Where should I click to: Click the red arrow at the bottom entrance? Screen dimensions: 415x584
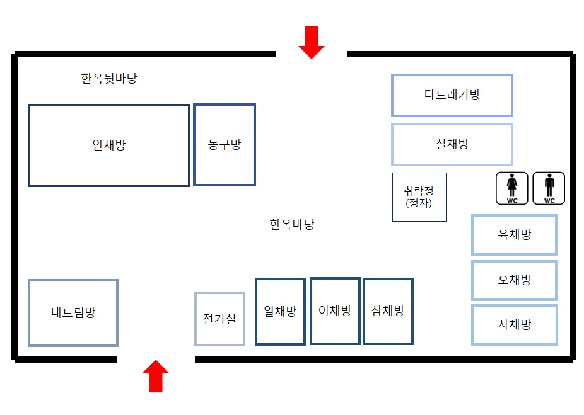pyautogui.click(x=156, y=376)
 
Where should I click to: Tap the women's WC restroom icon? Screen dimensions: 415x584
pyautogui.click(x=511, y=188)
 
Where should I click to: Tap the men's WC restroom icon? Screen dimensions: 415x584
pyautogui.click(x=549, y=188)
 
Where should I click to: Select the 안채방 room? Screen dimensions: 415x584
pyautogui.click(x=108, y=145)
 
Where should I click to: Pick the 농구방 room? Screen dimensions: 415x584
pyautogui.click(x=225, y=145)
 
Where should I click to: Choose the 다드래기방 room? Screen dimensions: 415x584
pyautogui.click(x=452, y=95)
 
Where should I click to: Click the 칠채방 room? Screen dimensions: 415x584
pyautogui.click(x=452, y=144)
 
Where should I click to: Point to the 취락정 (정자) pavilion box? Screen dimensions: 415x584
pyautogui.click(x=419, y=196)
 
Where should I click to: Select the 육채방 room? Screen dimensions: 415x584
pyautogui.click(x=514, y=235)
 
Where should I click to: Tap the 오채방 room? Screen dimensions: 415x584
pyautogui.click(x=514, y=280)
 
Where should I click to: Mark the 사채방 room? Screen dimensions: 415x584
pyautogui.click(x=514, y=325)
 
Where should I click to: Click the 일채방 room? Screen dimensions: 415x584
pyautogui.click(x=280, y=312)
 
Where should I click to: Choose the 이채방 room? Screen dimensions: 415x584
pyautogui.click(x=335, y=311)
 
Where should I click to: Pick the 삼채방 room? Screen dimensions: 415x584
pyautogui.click(x=388, y=312)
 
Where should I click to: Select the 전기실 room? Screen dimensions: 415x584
pyautogui.click(x=219, y=319)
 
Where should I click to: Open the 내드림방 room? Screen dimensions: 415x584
pyautogui.click(x=73, y=313)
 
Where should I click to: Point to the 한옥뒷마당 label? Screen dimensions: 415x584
pyautogui.click(x=109, y=79)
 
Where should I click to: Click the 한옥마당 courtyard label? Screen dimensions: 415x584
pyautogui.click(x=292, y=225)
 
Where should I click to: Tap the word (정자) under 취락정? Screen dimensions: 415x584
pyautogui.click(x=419, y=203)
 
